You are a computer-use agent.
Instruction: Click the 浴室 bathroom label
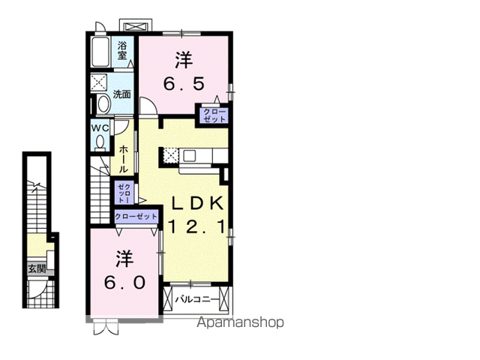tap(122, 51)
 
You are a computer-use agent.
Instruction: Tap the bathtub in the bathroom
tap(100, 52)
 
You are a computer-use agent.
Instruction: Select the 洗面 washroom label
tap(121, 94)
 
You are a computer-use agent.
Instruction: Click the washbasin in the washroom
tap(103, 103)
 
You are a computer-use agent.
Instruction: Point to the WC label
tap(100, 128)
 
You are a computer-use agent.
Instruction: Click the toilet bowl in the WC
tap(100, 143)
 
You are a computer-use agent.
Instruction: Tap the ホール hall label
tap(124, 159)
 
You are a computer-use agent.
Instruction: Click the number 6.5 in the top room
tap(184, 84)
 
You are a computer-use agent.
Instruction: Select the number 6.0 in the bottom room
tap(124, 283)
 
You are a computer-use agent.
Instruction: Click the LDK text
tap(196, 203)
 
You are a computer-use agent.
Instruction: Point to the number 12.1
tap(197, 226)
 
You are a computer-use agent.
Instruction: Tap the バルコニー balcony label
tap(197, 300)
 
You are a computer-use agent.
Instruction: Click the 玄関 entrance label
tap(37, 269)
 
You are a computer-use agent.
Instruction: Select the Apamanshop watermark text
tap(241, 322)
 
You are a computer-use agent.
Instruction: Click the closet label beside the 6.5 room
tap(214, 115)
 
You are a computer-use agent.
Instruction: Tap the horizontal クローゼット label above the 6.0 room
tap(136, 217)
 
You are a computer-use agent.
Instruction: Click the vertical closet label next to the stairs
tap(124, 193)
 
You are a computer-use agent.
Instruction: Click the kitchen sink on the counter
tap(189, 157)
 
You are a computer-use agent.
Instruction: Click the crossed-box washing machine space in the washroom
tap(98, 82)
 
